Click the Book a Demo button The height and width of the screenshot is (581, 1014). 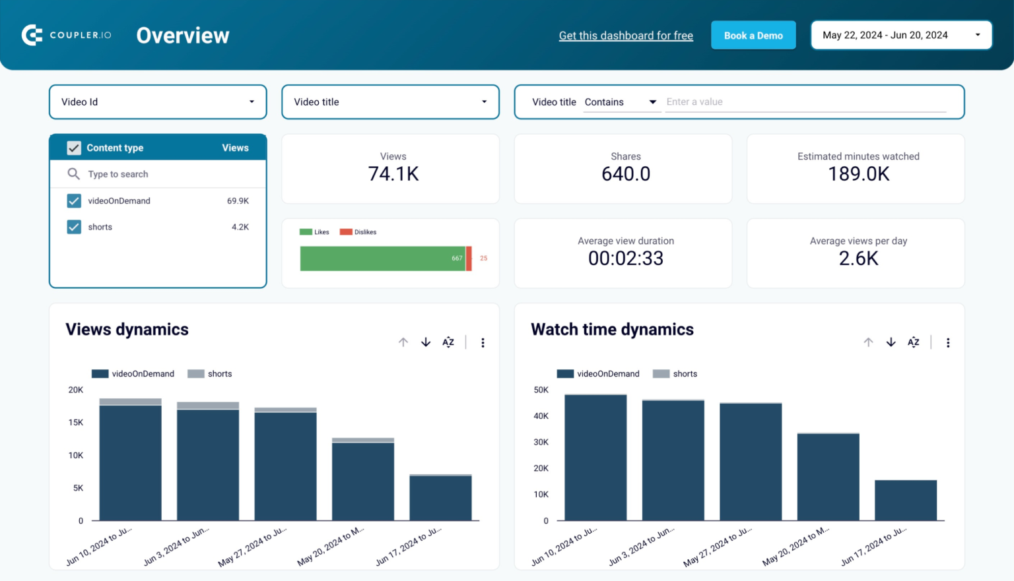tap(753, 36)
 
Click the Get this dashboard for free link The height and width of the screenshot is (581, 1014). tap(625, 36)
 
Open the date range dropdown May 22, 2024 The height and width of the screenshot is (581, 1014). tap(900, 36)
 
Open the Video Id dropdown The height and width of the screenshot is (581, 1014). tap(158, 102)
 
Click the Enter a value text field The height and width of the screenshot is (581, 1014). tap(805, 102)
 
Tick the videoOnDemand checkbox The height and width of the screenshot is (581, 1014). tap(74, 201)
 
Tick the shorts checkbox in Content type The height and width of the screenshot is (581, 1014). tap(74, 227)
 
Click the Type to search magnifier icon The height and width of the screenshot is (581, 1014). tap(73, 174)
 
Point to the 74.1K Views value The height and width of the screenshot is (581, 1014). tap(393, 174)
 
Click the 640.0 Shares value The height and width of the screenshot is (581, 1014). tap(625, 174)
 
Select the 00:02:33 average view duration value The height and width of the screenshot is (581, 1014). tap(625, 259)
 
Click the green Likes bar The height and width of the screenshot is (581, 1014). tap(382, 259)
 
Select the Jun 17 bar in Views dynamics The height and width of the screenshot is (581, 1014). tap(440, 498)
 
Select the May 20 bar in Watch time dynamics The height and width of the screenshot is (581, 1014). tap(828, 477)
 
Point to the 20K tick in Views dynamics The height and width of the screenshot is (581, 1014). tap(76, 390)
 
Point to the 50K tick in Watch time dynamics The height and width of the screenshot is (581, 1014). tap(541, 390)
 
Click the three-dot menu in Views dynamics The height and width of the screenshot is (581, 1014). tap(483, 343)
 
